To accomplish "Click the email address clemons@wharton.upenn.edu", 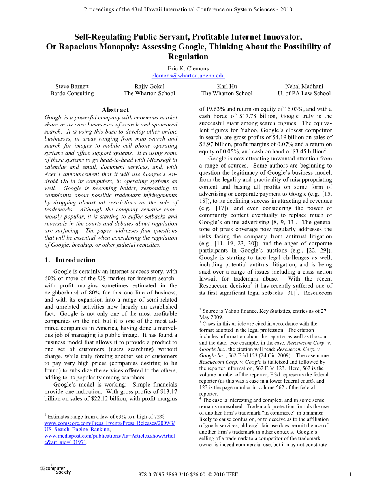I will click(188, 76).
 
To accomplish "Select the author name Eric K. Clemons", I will click(188, 68).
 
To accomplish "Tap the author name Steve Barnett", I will click(72, 86).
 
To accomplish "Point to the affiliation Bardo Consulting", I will click(72, 93).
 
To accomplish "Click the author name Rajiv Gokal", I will click(149, 86).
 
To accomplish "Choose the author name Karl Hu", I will click(227, 86).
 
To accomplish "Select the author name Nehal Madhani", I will click(304, 86).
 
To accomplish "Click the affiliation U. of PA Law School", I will click(304, 93).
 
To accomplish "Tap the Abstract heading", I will click(115, 110).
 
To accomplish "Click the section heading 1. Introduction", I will click(70, 260).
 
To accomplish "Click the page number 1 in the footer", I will click(351, 474).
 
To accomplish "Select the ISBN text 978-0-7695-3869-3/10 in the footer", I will click(164, 474).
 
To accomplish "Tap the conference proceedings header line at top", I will click(188, 9).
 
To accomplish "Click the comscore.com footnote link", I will click(109, 423).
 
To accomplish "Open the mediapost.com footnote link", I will click(109, 436).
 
